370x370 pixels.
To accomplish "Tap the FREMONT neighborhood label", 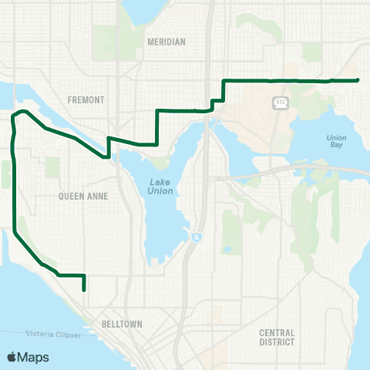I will tap(86, 100).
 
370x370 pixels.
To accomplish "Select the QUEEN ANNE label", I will tap(82, 197).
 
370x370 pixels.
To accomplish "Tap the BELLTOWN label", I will tap(121, 325).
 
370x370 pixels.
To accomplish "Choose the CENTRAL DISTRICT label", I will tap(277, 336).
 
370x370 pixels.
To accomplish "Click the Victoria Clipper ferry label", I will tap(54, 334).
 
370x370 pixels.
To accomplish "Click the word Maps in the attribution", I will tap(33, 357).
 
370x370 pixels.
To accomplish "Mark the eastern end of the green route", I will tap(358, 79).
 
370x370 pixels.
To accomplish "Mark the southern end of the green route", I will tap(83, 290).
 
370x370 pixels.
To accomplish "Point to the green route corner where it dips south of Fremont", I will tap(104, 156).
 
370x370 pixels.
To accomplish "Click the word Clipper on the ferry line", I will tap(69, 335).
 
